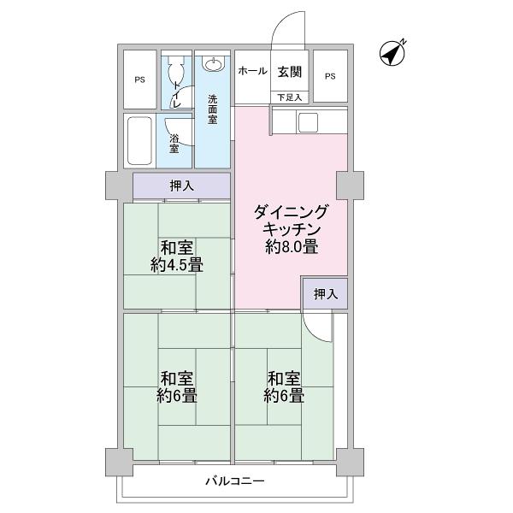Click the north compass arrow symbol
click(392, 54)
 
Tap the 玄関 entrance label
click(289, 72)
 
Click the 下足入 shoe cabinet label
click(289, 97)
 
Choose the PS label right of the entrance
click(330, 76)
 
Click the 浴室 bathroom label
click(174, 144)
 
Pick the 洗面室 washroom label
click(212, 109)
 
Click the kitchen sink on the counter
click(308, 121)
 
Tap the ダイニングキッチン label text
click(291, 221)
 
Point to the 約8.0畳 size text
click(291, 249)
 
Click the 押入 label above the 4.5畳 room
click(180, 185)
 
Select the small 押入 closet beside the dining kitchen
click(325, 294)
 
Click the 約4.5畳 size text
click(176, 265)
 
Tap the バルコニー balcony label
click(234, 481)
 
